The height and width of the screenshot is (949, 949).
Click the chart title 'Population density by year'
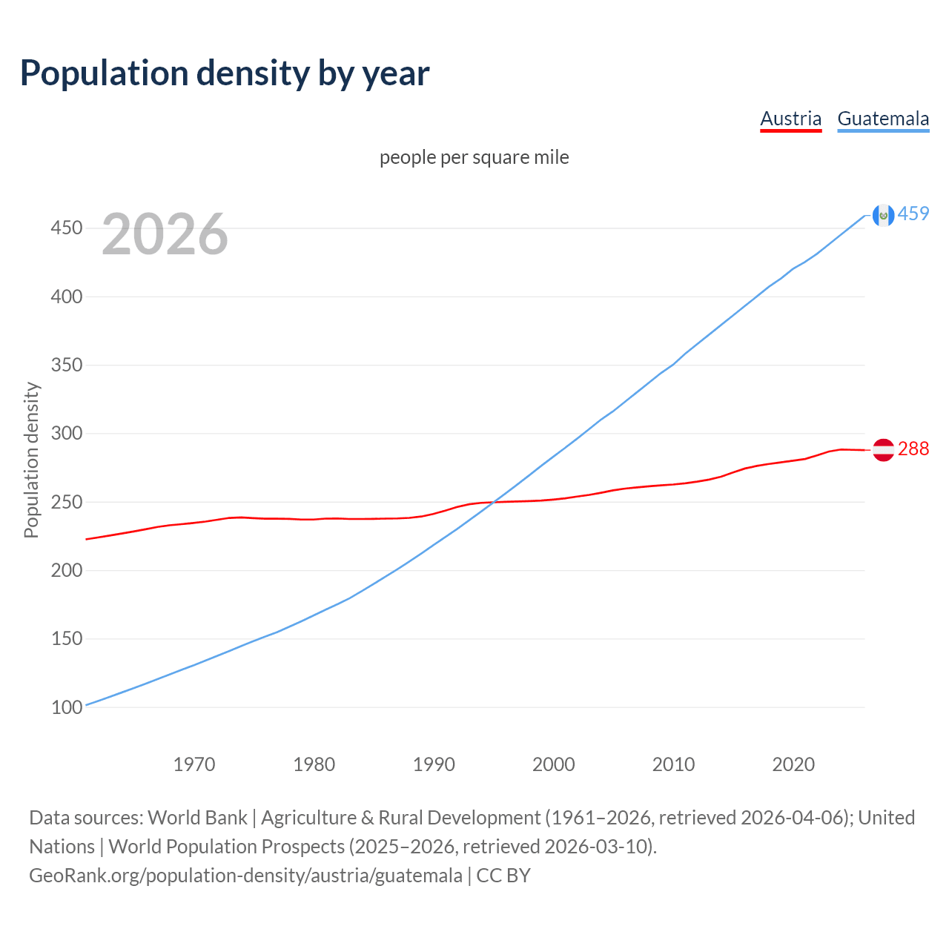(225, 73)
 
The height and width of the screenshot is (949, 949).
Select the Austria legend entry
(790, 119)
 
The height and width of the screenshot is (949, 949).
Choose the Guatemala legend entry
(883, 119)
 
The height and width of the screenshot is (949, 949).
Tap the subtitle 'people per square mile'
(474, 157)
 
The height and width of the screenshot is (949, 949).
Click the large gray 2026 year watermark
(165, 234)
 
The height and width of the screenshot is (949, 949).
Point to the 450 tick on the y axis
(66, 228)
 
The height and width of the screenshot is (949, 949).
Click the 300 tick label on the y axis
(66, 434)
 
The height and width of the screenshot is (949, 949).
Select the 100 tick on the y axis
(66, 707)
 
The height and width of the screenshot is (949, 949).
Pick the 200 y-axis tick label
(66, 571)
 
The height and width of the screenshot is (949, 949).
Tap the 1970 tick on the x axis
(194, 764)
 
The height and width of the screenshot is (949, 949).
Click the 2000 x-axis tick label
(553, 764)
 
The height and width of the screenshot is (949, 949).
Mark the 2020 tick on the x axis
(793, 764)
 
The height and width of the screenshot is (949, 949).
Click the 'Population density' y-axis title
(31, 460)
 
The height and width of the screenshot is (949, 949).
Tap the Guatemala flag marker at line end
(883, 215)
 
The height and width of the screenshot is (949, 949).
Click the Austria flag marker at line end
(883, 450)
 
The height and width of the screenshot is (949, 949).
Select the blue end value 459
(913, 214)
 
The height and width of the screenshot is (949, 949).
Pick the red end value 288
(913, 449)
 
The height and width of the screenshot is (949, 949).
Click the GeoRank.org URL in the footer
(245, 876)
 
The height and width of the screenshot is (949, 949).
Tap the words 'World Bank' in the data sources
(197, 818)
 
